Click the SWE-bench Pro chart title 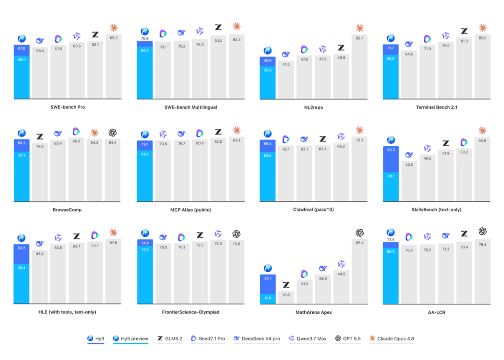pos(68,107)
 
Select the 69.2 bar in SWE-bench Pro pos(113,66)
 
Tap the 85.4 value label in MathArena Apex pos(360,243)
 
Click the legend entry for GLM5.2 pos(170,339)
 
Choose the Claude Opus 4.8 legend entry pos(392,339)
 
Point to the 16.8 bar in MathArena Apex pos(286,296)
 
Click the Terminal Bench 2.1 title pos(436,107)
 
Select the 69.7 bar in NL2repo pos(359,66)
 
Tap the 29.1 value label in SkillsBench pos(391,176)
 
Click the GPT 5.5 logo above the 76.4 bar pos(483,231)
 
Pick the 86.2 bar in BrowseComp pos(76,169)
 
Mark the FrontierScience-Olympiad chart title pos(190,312)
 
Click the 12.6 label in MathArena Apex pos(268,298)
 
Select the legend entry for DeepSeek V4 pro pos(257,339)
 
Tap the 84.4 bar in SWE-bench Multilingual pos(237,66)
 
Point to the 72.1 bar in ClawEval pos(359,169)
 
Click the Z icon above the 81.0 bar pos(464,31)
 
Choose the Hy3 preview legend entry pos(131,339)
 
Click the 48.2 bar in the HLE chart pos(40,276)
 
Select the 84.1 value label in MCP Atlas pos(237,140)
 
